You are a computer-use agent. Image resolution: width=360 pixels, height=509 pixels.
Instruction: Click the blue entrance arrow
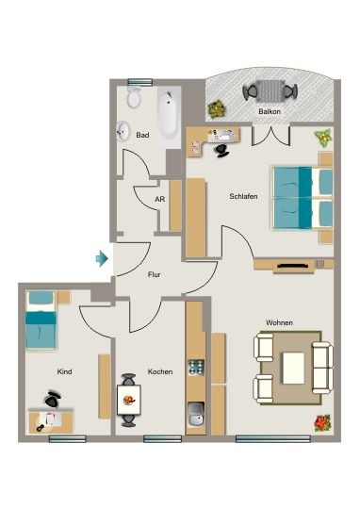102,258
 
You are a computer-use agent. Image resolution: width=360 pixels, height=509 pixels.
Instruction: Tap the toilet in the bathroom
134,97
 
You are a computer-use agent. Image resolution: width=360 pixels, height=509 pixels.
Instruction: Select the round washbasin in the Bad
123,131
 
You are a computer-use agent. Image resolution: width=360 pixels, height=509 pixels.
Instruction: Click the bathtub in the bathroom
168,115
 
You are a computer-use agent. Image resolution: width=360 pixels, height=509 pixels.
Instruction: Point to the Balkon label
270,111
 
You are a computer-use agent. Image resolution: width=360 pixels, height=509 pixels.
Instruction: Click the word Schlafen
243,196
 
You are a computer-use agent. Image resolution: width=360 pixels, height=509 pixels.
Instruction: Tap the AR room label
159,199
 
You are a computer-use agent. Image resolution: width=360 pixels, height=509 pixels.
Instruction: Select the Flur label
155,274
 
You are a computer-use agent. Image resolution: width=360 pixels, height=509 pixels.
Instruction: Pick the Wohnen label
279,322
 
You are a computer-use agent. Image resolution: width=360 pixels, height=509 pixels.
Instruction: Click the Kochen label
160,371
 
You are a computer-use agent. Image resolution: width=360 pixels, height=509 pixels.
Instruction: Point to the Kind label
64,371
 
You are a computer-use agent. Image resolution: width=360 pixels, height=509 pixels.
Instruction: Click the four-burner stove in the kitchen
196,368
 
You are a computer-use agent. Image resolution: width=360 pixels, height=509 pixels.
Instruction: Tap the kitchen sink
196,414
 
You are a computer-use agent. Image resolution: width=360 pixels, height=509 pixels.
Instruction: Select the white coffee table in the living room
293,369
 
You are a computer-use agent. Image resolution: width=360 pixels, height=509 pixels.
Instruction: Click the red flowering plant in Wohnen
322,423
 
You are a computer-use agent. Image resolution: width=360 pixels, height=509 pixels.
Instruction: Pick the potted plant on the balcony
217,109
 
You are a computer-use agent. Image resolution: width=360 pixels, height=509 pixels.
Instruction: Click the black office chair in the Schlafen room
221,151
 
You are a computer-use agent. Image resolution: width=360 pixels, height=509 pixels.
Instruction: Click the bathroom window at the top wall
139,82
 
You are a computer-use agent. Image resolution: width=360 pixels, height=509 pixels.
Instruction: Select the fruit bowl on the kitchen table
129,400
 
